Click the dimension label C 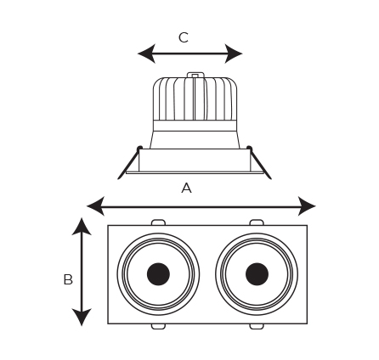click(184, 37)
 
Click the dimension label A click(186, 188)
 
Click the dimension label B click(68, 279)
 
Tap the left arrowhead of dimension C click(147, 53)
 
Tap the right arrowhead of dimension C click(234, 53)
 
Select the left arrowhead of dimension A click(96, 206)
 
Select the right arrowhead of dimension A click(307, 206)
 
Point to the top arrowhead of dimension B click(82, 227)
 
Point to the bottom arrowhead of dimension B click(82, 317)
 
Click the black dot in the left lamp click(158, 274)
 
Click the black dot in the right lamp click(257, 274)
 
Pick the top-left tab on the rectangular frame click(158, 222)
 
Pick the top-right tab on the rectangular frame click(257, 222)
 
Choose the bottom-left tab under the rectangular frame click(158, 326)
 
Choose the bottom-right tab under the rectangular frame click(257, 326)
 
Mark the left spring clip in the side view click(130, 163)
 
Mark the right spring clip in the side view click(259, 163)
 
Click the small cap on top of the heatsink click(195, 75)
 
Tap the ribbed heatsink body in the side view click(195, 98)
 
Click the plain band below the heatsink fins click(195, 126)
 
